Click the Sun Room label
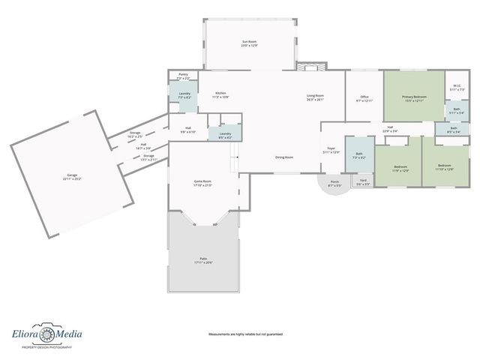[x=249, y=43]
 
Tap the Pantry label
[x=183, y=76]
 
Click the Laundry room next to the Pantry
[x=184, y=95]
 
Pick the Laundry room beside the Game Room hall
[x=225, y=136]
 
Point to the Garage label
[x=72, y=177]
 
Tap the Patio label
[x=204, y=260]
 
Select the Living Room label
[x=315, y=97]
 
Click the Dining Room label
[x=283, y=157]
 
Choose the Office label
[x=364, y=98]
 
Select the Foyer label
[x=331, y=150]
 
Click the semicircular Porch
[x=334, y=184]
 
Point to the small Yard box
[x=363, y=182]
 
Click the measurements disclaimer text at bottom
[x=245, y=334]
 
